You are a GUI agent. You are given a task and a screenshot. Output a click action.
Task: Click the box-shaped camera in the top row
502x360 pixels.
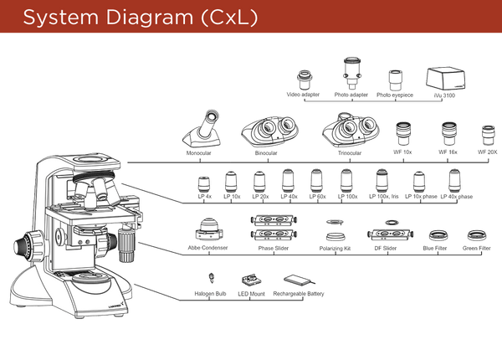[x=445, y=80]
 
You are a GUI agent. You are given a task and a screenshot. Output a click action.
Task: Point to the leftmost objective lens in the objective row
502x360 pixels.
[x=203, y=183]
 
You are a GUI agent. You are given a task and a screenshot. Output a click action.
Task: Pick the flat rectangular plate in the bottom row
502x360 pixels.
[x=298, y=280]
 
